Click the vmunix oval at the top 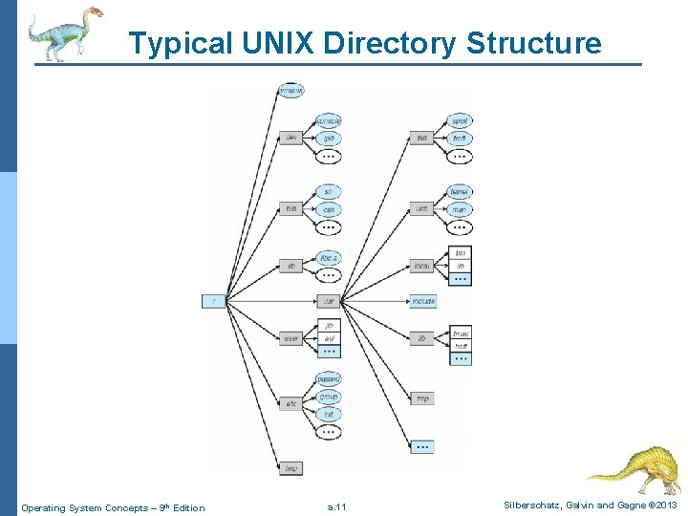pos(291,91)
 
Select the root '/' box pos(214,301)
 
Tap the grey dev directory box pos(291,139)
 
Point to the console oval pos(329,121)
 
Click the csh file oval pos(329,209)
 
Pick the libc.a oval pos(329,257)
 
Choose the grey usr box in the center pos(329,301)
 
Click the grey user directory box pos(291,337)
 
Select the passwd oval pos(329,379)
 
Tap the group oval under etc pos(329,397)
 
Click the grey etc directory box pos(291,404)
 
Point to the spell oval pos(460,121)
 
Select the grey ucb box pos(421,209)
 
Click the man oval pos(460,209)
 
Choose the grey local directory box pos(421,266)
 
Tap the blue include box pos(422,301)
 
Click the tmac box pos(462,333)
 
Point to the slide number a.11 pos(336,507)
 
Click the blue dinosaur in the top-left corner pos(63,33)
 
